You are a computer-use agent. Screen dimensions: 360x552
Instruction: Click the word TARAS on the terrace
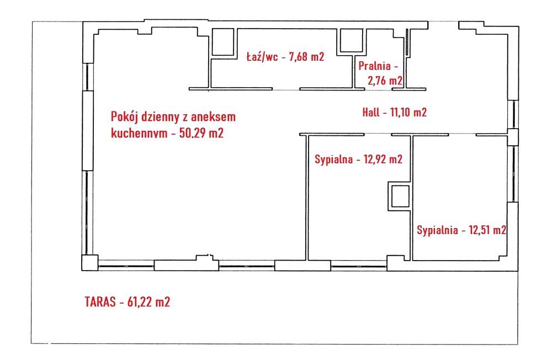click(99, 302)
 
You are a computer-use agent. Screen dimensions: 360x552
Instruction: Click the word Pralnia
click(374, 66)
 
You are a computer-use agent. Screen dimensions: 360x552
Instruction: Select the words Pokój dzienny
click(143, 117)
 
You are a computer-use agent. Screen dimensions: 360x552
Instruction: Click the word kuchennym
click(138, 134)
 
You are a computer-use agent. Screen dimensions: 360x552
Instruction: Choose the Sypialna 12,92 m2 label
click(358, 160)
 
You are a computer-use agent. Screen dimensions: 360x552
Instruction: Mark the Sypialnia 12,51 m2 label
click(461, 230)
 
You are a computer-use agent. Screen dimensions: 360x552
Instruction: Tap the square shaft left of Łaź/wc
click(222, 42)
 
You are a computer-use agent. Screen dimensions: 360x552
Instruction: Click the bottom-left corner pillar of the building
click(88, 263)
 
